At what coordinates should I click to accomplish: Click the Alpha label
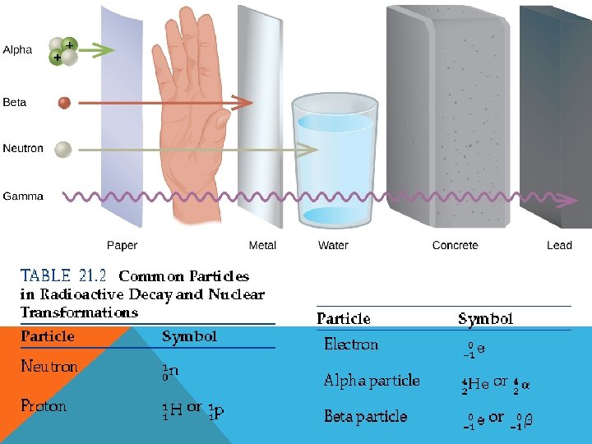point(17,50)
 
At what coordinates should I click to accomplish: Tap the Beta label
point(15,103)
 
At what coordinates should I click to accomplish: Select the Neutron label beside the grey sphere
point(23,149)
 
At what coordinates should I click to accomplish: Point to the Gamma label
point(23,197)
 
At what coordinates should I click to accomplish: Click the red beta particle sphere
point(64,103)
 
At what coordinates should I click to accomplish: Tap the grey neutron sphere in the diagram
point(62,149)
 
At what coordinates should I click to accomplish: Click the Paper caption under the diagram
point(123,245)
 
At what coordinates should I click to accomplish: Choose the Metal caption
point(262,245)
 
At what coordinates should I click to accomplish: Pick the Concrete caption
point(455,245)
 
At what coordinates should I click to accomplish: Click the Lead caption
point(559,245)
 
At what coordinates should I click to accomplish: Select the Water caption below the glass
point(333,245)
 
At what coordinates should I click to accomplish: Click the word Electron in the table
point(351,345)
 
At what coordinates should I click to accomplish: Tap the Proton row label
point(44,406)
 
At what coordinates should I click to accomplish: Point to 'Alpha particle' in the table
point(372,381)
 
